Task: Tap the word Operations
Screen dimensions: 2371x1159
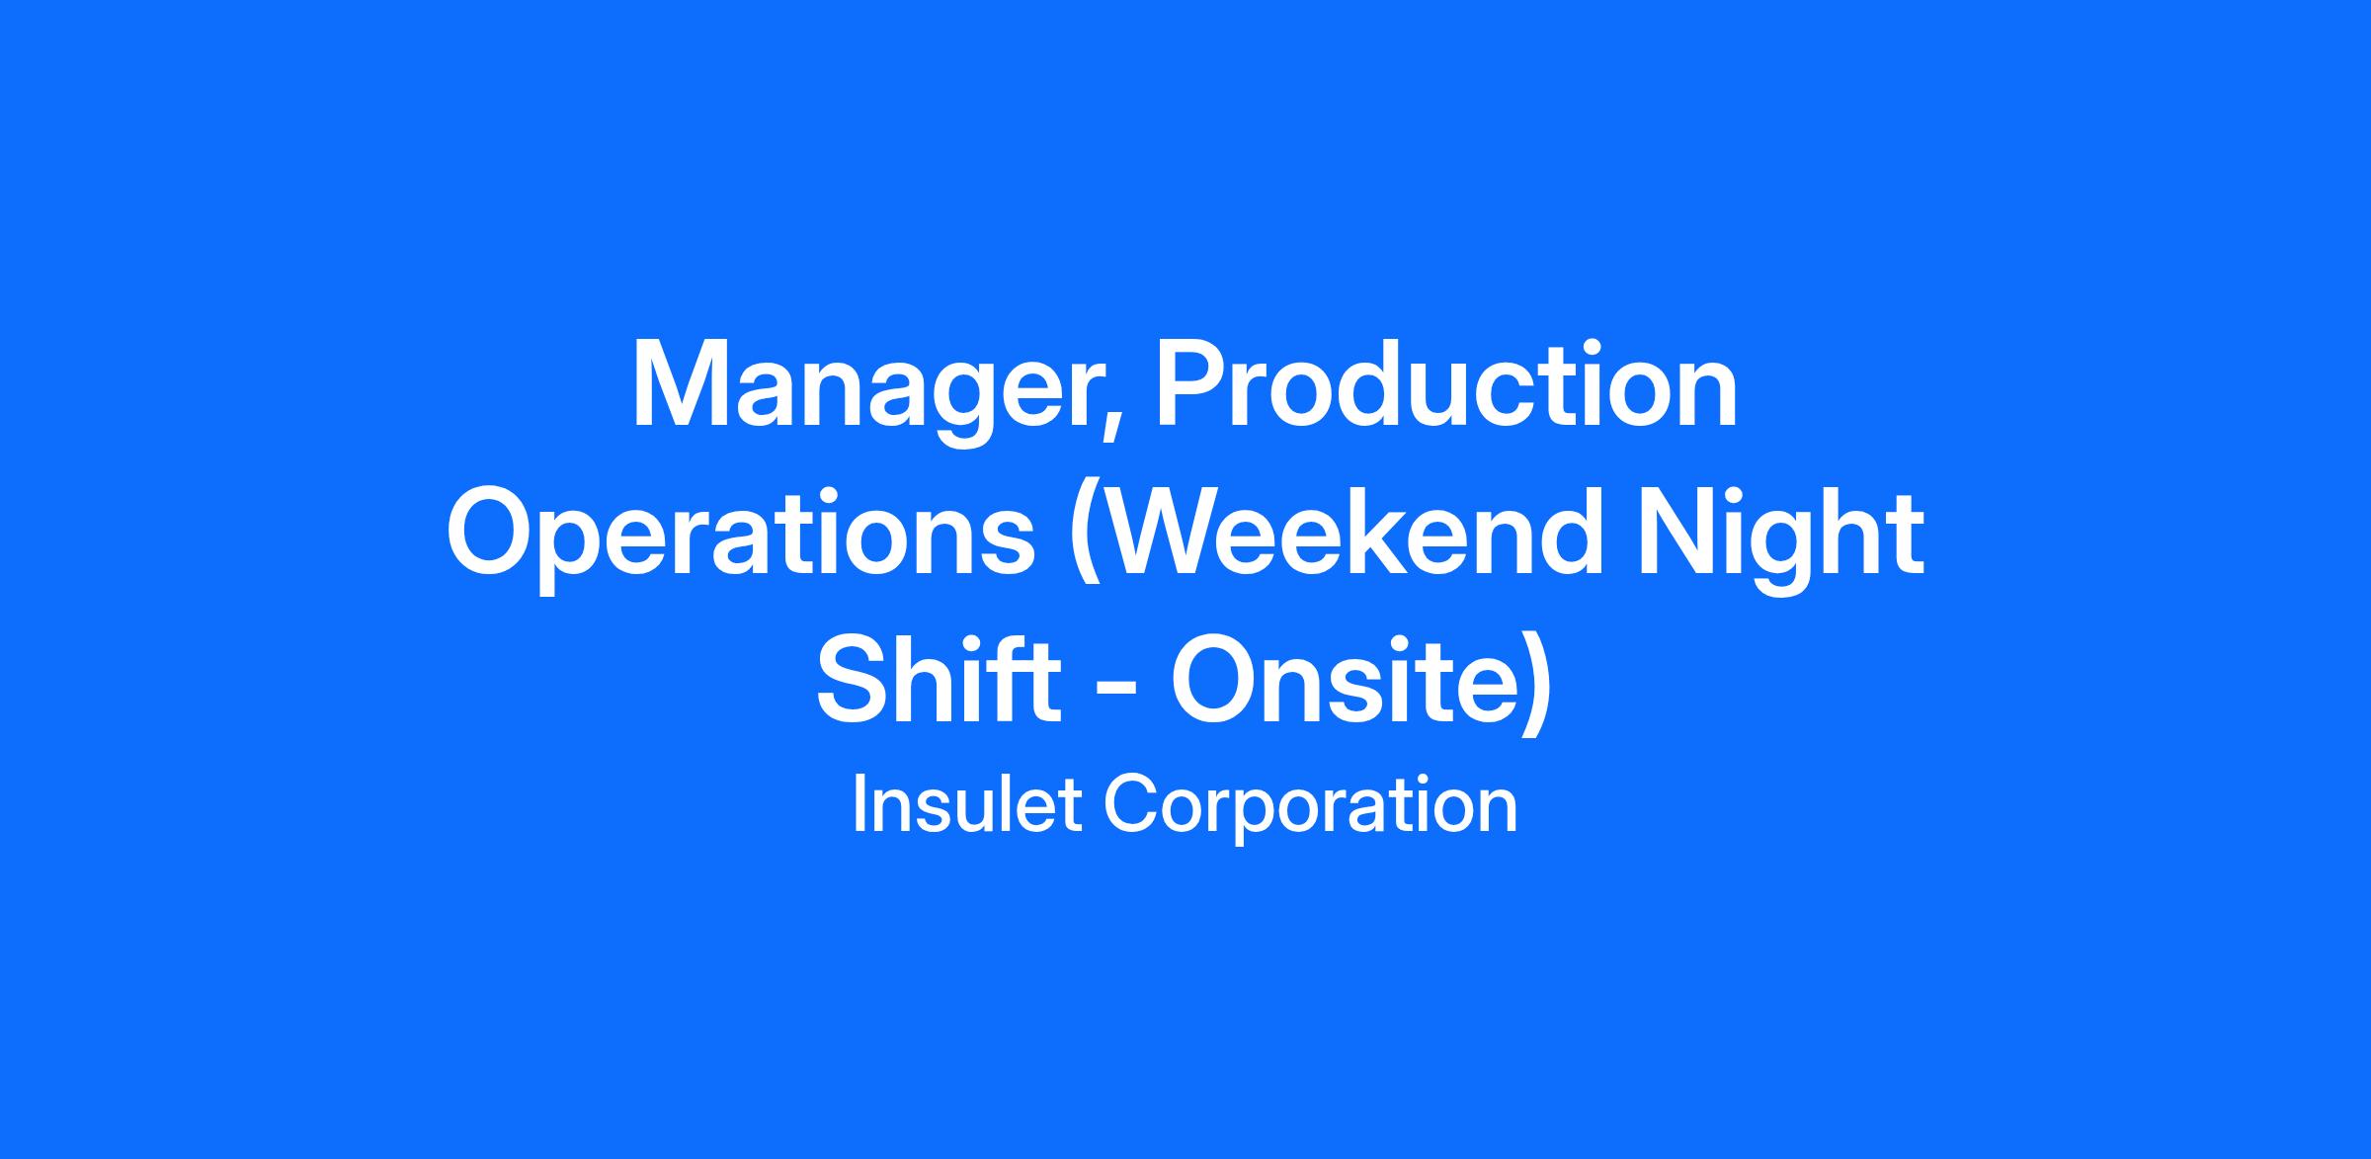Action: click(741, 537)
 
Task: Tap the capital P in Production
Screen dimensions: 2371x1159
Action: click(1191, 384)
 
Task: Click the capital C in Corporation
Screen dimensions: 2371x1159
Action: click(1130, 805)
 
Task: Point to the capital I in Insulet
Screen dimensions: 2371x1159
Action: click(858, 805)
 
